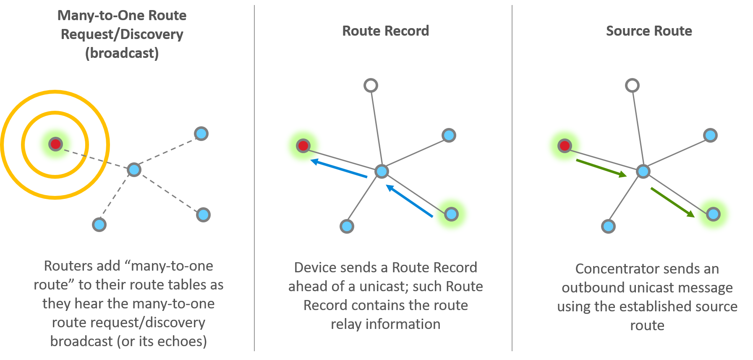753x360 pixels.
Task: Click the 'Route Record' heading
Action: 385,31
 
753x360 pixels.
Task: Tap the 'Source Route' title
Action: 649,31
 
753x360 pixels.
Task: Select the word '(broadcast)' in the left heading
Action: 122,53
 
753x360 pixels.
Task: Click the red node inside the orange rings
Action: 55,144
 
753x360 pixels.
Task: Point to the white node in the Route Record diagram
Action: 371,86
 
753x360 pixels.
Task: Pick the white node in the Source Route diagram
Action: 632,86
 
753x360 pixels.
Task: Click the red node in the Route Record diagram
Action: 303,146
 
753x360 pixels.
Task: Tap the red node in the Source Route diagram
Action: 565,146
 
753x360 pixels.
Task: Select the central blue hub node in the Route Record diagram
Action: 382,171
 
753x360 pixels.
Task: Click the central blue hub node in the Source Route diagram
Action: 643,171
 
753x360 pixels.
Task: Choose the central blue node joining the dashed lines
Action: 134,170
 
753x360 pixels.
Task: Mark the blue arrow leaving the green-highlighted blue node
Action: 409,201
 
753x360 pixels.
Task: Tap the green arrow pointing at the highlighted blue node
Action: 672,202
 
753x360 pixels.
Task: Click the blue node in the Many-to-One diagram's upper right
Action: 201,134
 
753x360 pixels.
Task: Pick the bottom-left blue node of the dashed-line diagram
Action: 99,224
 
